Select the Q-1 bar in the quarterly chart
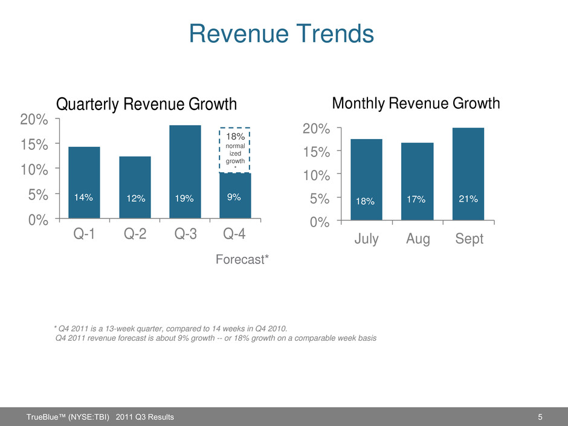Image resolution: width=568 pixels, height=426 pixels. click(x=84, y=181)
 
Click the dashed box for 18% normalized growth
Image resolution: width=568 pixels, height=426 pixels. click(x=235, y=150)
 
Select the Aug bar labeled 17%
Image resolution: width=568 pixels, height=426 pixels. click(x=418, y=181)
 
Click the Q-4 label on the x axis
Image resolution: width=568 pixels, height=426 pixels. click(x=235, y=234)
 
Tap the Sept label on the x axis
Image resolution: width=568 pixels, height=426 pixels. click(x=470, y=239)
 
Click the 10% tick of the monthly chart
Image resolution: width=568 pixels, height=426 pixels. click(x=317, y=175)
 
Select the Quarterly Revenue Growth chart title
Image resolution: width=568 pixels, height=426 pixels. click(x=147, y=105)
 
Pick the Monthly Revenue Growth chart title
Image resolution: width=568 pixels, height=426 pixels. click(x=416, y=103)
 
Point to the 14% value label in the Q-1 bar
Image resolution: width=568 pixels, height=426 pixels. click(x=83, y=197)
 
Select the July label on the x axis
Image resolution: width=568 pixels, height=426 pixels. click(x=366, y=239)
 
